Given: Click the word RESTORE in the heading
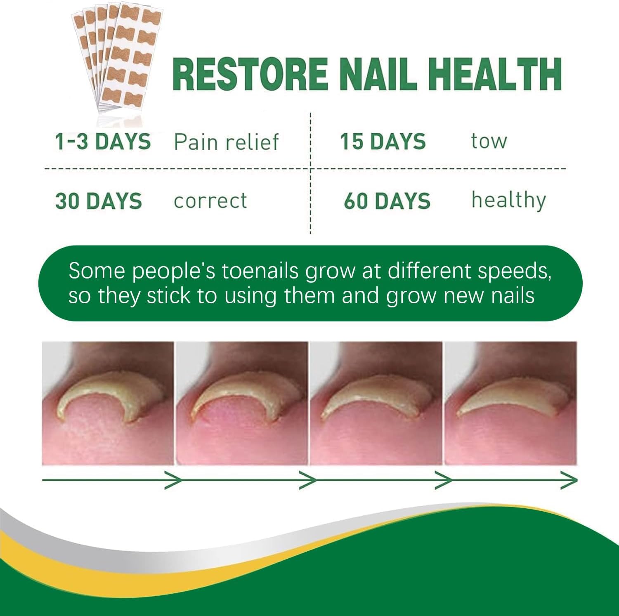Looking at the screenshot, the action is pos(250,74).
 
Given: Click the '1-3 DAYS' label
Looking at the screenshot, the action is pos(103,142).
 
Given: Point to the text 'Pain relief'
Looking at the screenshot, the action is pos(227,142).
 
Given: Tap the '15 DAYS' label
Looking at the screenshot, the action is pos(383,142).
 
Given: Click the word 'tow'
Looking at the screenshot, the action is pos(489,142).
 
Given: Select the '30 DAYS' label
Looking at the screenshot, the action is pos(99,201).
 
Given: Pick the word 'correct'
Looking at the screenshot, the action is pos(210,201).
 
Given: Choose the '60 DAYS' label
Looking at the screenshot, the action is pos(387,201).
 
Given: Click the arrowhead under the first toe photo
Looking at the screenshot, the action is pos(174,480).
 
